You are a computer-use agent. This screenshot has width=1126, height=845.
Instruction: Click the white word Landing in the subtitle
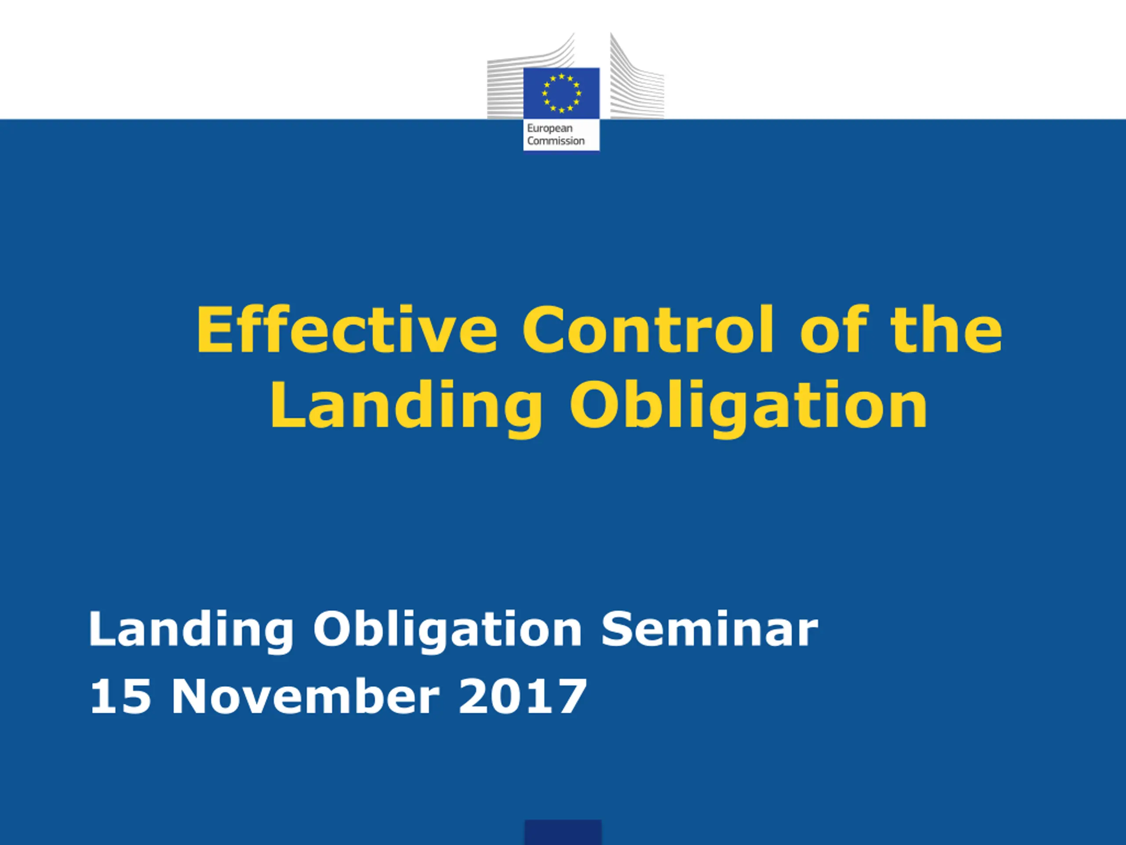(191, 632)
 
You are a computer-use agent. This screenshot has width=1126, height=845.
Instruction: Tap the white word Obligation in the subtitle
(447, 632)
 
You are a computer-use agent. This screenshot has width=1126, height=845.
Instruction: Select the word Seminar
(709, 629)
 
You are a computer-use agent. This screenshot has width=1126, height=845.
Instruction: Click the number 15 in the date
(120, 696)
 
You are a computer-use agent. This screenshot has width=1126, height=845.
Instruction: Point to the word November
(305, 696)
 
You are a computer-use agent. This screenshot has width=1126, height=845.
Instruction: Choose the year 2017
(523, 696)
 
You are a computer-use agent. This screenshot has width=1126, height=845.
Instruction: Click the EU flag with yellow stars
(562, 93)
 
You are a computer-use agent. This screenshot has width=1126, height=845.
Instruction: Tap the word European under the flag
(550, 129)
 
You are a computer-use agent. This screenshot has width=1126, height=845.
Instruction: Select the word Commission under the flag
(556, 140)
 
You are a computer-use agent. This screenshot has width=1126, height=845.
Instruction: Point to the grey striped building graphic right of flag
(637, 77)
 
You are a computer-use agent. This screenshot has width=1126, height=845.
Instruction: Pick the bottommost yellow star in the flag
(562, 110)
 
